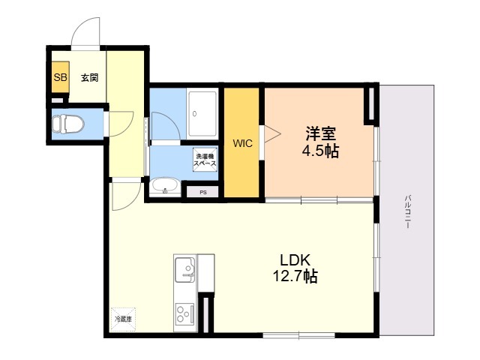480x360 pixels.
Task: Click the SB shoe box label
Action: point(60,77)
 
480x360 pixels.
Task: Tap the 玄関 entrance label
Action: point(90,78)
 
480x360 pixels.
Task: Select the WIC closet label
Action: point(242,143)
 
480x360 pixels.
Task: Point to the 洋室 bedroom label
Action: point(320,133)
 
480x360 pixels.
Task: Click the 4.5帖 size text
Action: point(320,151)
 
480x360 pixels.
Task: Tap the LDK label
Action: point(295,260)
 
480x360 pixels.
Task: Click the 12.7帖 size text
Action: point(295,276)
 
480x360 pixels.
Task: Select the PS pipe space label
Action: point(203,193)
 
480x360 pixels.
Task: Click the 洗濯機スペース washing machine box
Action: point(205,160)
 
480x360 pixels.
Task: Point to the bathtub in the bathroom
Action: point(202,114)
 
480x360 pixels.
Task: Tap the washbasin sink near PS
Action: point(165,185)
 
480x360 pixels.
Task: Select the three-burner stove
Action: point(184,313)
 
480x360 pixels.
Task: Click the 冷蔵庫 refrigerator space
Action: point(123,319)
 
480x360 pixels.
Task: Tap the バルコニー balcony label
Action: point(407,211)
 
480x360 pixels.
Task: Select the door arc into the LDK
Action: point(132,202)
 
